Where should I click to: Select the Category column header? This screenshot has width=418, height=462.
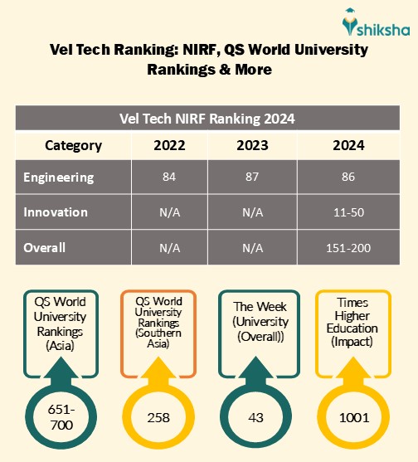[x=73, y=145]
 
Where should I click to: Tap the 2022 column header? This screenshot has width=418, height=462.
[x=169, y=145]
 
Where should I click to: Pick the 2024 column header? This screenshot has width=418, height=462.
[x=343, y=145]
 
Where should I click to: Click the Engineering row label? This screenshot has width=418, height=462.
[x=58, y=178]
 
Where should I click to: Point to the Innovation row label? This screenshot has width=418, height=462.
[x=56, y=212]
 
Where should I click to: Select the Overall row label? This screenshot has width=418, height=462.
[x=45, y=247]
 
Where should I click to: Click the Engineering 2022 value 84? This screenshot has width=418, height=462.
[x=169, y=178]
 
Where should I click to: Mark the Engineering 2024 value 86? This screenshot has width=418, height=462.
[x=343, y=178]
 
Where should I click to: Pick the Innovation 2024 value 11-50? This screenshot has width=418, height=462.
[x=343, y=212]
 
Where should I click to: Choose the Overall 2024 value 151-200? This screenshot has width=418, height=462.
[x=343, y=247]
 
